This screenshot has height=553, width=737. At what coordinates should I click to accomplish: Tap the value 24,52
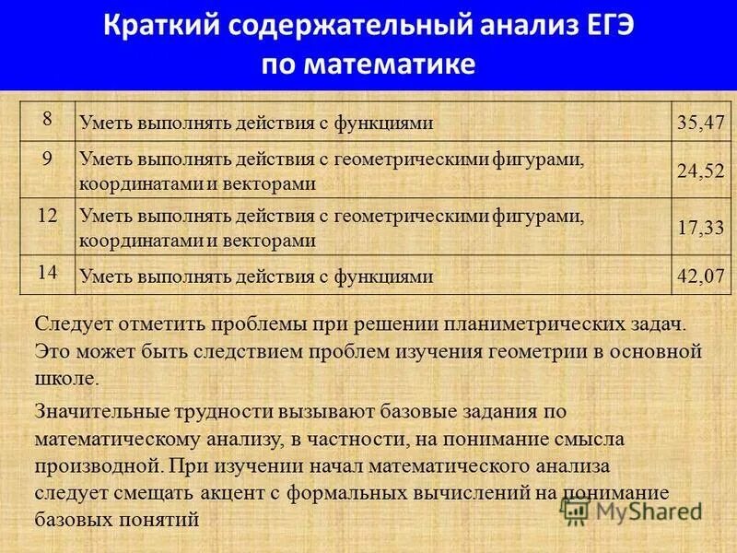(701, 171)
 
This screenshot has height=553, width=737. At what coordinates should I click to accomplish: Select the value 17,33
(701, 228)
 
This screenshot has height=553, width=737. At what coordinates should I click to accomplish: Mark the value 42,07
(701, 276)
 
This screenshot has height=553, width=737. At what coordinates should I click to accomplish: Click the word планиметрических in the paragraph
(538, 324)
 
